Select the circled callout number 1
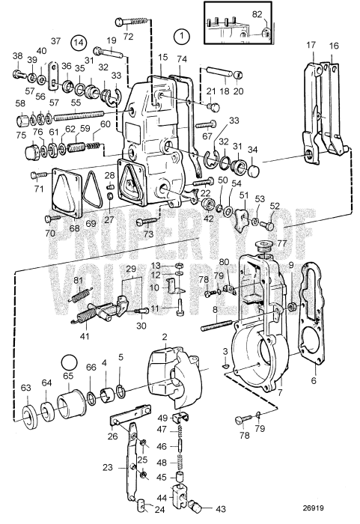pos(180,34)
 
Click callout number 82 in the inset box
pos(257,13)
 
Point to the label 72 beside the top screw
pos(128,36)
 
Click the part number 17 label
pos(311,45)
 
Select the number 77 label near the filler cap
pos(282,244)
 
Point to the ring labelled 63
pos(27,415)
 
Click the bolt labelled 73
pos(147,222)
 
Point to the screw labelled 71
pos(40,176)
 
